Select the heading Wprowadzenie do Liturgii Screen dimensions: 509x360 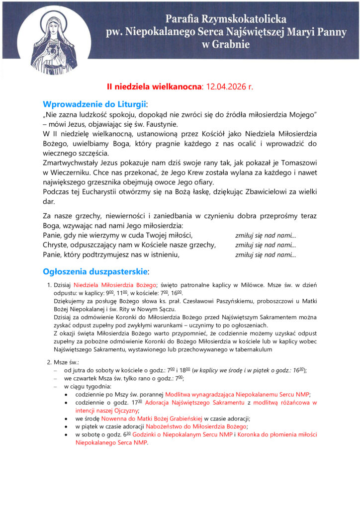(x=94, y=104)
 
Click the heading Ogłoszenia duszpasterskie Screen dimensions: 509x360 (x=95, y=272)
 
